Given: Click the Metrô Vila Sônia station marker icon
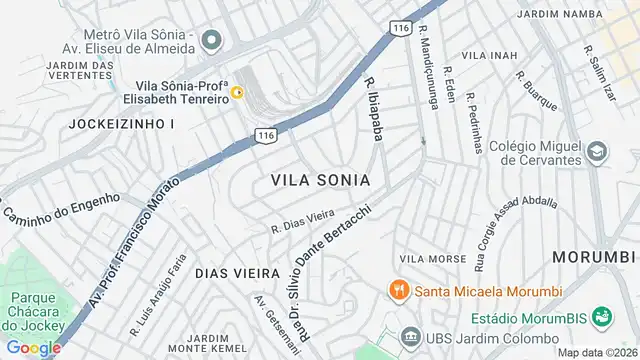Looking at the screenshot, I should click(211, 41).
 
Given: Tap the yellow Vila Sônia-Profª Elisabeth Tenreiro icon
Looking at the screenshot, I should click(238, 93).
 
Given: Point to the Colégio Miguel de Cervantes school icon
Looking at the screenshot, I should click(598, 152).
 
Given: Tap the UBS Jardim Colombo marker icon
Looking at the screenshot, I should click(408, 336).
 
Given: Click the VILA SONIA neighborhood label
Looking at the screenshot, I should click(320, 180).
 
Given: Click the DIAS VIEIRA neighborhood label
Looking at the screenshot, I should click(238, 272).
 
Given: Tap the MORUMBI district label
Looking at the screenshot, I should click(595, 256).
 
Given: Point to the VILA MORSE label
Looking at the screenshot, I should click(432, 259).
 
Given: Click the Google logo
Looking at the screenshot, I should click(33, 348).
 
